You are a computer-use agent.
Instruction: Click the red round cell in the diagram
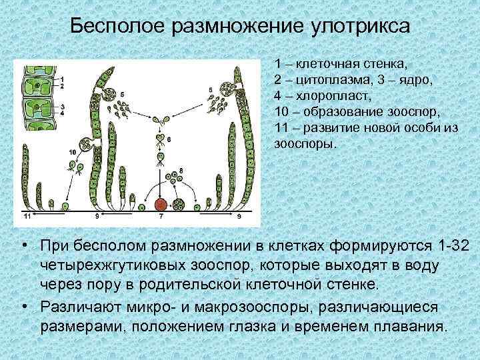(160, 205)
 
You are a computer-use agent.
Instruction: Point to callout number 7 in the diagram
(160, 217)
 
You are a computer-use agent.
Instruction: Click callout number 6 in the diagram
(169, 139)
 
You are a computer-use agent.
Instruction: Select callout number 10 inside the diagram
(72, 153)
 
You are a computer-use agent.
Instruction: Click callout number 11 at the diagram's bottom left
(27, 217)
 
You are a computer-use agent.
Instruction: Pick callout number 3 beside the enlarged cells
(61, 106)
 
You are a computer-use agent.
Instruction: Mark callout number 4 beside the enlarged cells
(61, 113)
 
